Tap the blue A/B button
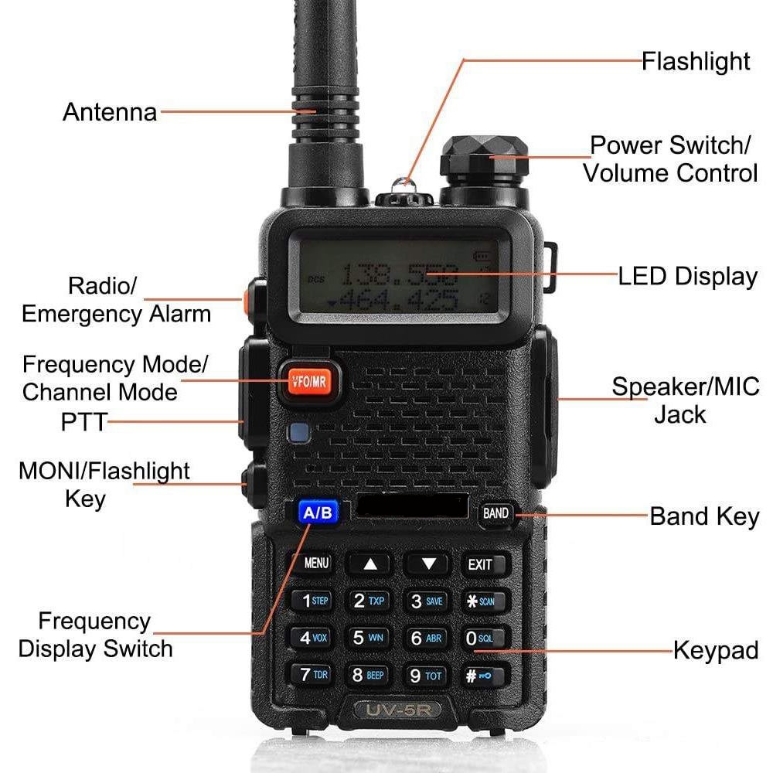point(318,512)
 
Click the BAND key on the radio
point(495,513)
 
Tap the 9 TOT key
point(426,676)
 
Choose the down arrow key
point(427,564)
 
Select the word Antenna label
point(110,112)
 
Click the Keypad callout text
point(715,650)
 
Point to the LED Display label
point(688,276)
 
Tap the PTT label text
point(83,422)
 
